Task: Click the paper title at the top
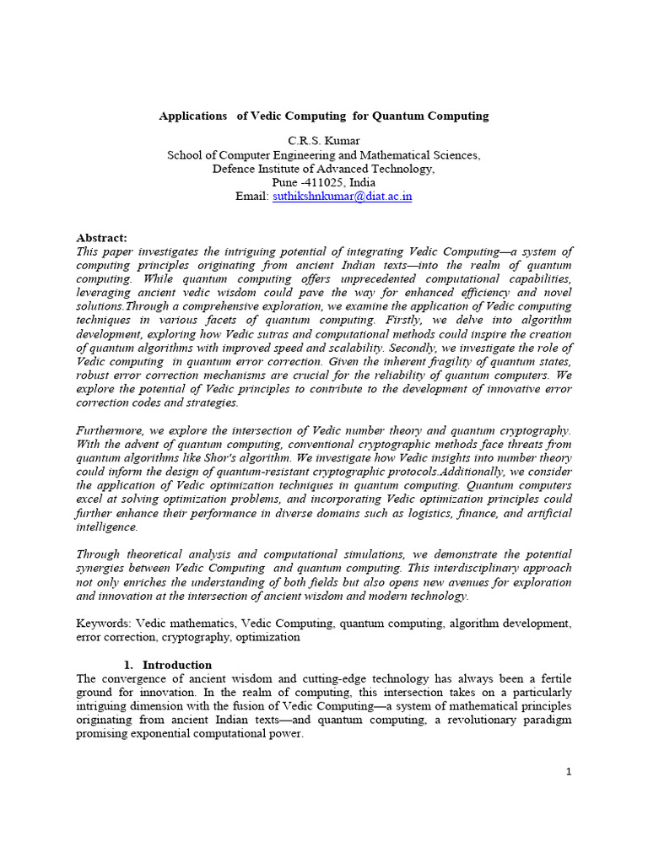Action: [x=324, y=116]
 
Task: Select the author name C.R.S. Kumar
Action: [x=324, y=141]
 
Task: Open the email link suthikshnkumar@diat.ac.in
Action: [x=342, y=196]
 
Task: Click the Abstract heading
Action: [x=101, y=238]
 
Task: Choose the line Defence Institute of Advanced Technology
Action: [x=324, y=169]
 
